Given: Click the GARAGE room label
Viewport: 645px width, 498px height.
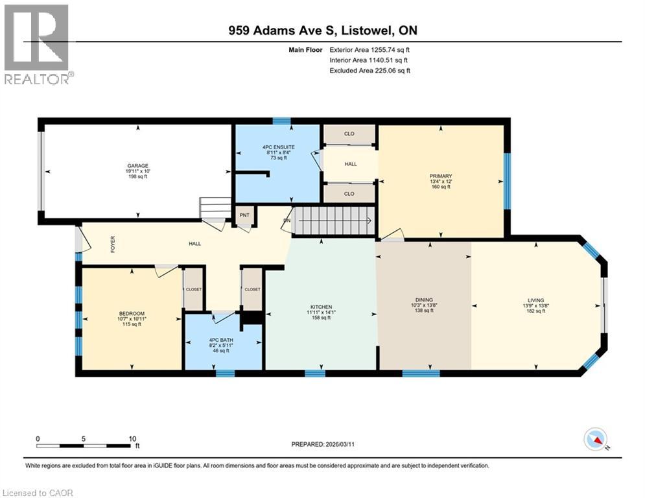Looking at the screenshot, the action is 137,166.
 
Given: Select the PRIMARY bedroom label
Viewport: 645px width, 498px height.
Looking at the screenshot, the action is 441,176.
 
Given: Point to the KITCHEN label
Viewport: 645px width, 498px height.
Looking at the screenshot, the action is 322,307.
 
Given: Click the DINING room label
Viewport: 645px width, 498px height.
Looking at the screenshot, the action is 424,300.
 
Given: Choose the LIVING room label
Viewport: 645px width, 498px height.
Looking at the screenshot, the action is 536,300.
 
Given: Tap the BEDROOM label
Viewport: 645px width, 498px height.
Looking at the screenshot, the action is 132,314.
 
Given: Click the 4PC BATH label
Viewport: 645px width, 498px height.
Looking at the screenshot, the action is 221,340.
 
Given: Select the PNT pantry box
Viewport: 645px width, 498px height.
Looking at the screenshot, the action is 245,215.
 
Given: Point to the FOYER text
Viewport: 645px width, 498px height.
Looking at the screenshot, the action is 113,244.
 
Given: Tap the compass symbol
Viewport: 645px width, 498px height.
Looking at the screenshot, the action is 596,439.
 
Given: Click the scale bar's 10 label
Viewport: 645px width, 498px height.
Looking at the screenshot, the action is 132,439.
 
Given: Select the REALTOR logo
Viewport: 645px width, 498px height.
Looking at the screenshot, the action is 37,43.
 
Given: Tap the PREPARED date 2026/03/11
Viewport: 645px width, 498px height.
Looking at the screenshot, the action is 340,444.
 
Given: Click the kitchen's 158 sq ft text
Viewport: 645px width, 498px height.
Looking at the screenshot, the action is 322,318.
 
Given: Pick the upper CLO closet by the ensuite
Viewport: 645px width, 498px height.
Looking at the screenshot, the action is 349,134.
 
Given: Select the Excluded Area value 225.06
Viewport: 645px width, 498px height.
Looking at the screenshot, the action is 386,71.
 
